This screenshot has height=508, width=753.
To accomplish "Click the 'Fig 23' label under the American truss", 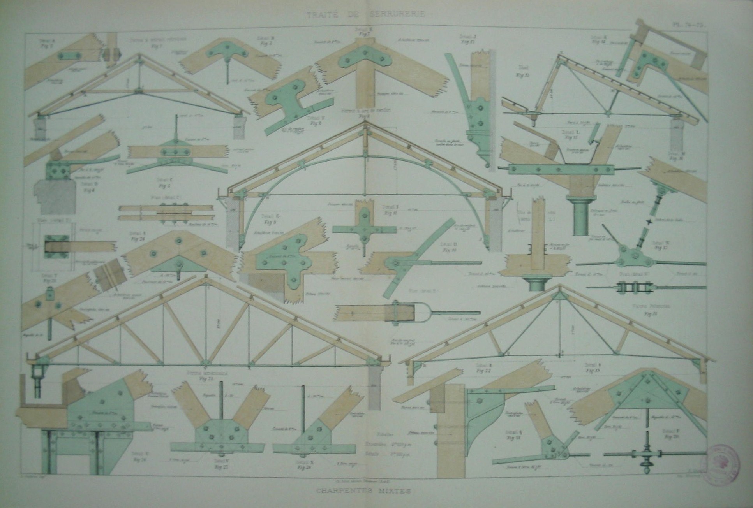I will click(202, 378).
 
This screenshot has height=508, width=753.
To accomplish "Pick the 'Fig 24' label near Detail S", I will click(138, 239).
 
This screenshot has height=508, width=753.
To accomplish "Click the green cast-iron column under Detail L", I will click(580, 216).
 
